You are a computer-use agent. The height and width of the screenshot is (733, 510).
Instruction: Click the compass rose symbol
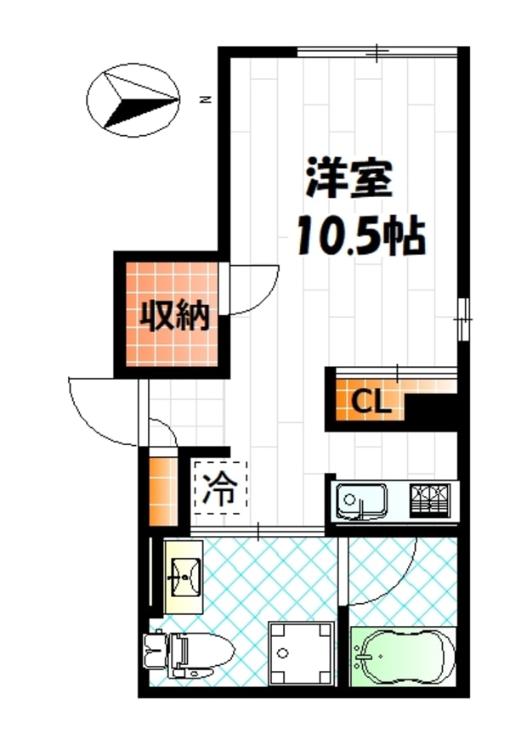pos(133,99)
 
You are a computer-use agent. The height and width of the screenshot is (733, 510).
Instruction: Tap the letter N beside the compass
pos(204,99)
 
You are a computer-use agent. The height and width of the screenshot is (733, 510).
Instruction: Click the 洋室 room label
pos(348,181)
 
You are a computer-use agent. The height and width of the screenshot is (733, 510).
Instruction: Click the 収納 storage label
pos(175,316)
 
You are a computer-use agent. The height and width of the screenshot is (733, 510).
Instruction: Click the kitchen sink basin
pos(361,500)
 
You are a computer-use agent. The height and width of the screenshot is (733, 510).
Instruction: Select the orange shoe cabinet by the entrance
pos(160,491)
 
